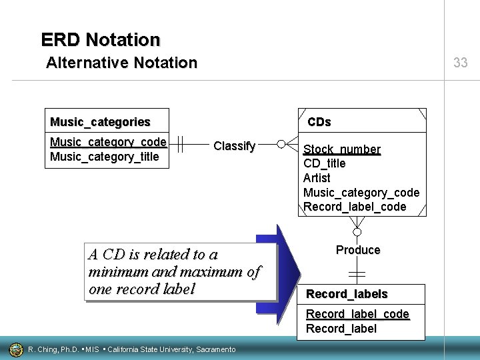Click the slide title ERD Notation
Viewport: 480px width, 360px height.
pyautogui.click(x=101, y=40)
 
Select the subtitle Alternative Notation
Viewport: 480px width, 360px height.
pyautogui.click(x=121, y=63)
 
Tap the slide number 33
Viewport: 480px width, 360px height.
pyautogui.click(x=460, y=63)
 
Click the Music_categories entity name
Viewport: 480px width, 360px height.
pyautogui.click(x=100, y=122)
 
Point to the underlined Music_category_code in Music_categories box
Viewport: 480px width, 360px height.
pyautogui.click(x=108, y=142)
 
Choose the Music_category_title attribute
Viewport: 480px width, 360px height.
pyautogui.click(x=105, y=157)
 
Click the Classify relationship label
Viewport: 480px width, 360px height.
pyautogui.click(x=234, y=146)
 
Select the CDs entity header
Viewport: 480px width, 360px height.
pyautogui.click(x=319, y=122)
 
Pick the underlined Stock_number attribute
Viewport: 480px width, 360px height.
pyautogui.click(x=342, y=149)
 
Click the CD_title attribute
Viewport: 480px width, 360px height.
pyautogui.click(x=324, y=163)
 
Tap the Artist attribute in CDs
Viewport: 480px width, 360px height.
pyautogui.click(x=317, y=178)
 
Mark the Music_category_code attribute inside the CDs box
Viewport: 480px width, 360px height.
pyautogui.click(x=361, y=193)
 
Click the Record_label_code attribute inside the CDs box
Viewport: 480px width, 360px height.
pyautogui.click(x=355, y=207)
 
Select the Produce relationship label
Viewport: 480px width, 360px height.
pyautogui.click(x=358, y=250)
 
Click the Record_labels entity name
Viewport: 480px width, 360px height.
pyautogui.click(x=347, y=294)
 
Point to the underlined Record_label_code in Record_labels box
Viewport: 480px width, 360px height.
pyautogui.click(x=357, y=314)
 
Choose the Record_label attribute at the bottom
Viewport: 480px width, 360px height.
pyautogui.click(x=341, y=329)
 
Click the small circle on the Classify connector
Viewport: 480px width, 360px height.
pyautogui.click(x=281, y=144)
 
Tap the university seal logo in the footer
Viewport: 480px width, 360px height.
pyautogui.click(x=15, y=349)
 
